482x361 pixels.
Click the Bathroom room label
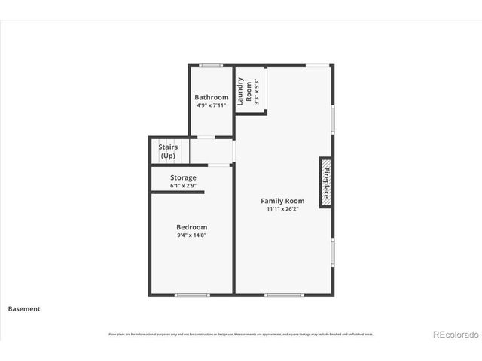(211, 97)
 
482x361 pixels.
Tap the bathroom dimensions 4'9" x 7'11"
(211, 105)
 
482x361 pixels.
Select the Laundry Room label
(245, 90)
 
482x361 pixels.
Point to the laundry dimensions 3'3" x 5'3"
(256, 90)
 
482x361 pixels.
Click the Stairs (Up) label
(167, 151)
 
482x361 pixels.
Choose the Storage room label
(183, 177)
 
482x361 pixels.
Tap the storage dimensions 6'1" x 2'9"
(183, 185)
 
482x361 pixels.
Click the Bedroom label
(191, 227)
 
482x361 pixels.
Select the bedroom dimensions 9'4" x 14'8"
(191, 235)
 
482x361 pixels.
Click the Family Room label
(282, 201)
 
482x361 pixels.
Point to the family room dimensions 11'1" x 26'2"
(282, 209)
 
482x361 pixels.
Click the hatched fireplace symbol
(326, 183)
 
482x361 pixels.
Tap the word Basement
(24, 308)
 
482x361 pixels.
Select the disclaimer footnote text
(241, 334)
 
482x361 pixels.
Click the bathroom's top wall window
(211, 65)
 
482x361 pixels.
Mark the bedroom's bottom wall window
(192, 295)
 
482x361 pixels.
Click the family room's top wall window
(317, 65)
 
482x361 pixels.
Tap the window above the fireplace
(333, 119)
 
